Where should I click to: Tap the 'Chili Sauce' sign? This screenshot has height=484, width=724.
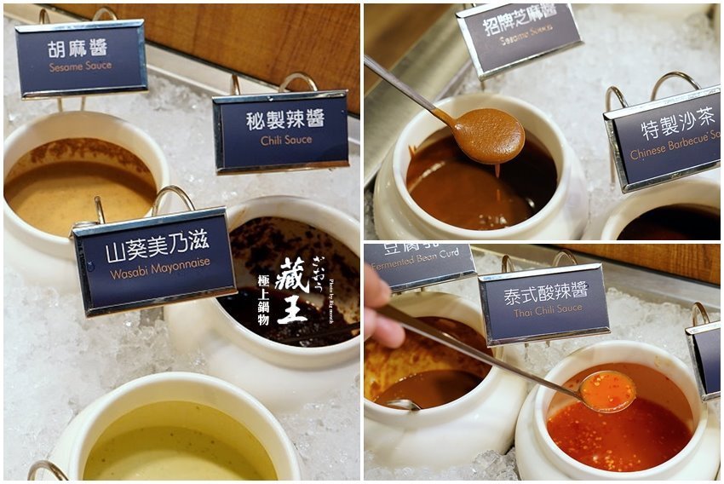coord(280,130)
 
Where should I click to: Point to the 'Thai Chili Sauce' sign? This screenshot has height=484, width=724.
coord(543,304)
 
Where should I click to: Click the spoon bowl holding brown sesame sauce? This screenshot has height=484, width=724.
coord(489,135)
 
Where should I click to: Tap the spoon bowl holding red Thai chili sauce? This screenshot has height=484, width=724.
coord(606,392)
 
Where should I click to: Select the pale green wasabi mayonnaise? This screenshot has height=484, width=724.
coord(179,443)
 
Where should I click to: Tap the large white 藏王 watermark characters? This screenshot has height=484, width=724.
coord(290,293)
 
